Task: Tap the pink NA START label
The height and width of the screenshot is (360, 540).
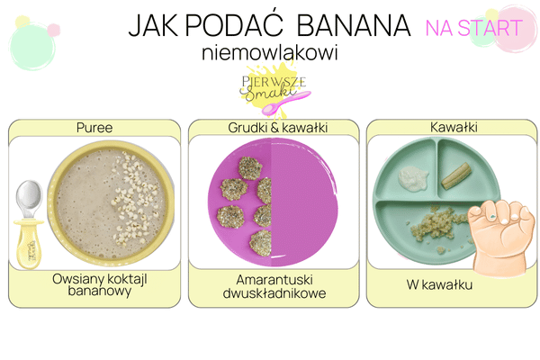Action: click(x=461, y=27)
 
